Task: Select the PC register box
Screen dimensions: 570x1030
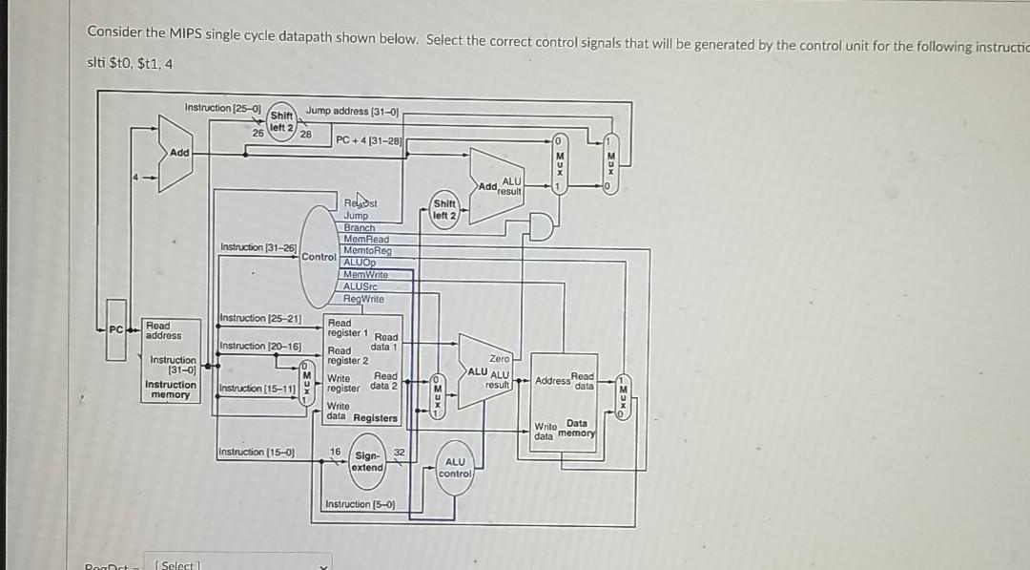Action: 115,330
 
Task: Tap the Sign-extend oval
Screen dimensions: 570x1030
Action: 367,461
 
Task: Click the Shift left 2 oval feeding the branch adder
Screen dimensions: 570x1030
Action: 445,209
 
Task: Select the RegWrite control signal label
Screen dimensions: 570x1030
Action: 362,299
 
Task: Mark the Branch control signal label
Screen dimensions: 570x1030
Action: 360,227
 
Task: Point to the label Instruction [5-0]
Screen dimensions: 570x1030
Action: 360,504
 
